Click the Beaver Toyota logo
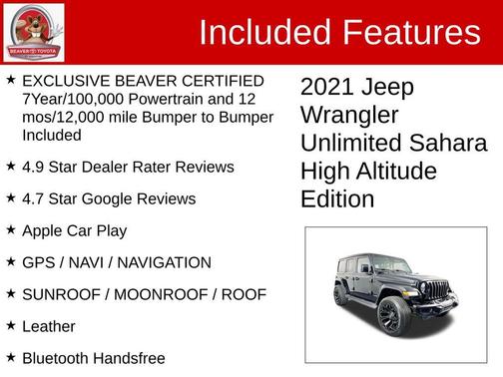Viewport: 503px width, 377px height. pos(34,32)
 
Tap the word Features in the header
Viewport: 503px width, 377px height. pos(410,33)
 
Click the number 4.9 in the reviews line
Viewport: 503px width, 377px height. pos(34,167)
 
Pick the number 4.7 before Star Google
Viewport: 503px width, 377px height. pos(34,198)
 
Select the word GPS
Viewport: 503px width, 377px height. pos(39,262)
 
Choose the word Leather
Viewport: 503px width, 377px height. pos(48,326)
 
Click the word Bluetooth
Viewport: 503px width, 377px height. pos(57,357)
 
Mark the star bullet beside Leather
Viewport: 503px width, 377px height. pos(10,325)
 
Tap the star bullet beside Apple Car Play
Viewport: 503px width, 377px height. pos(10,229)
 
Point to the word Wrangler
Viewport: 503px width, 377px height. pos(349,116)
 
